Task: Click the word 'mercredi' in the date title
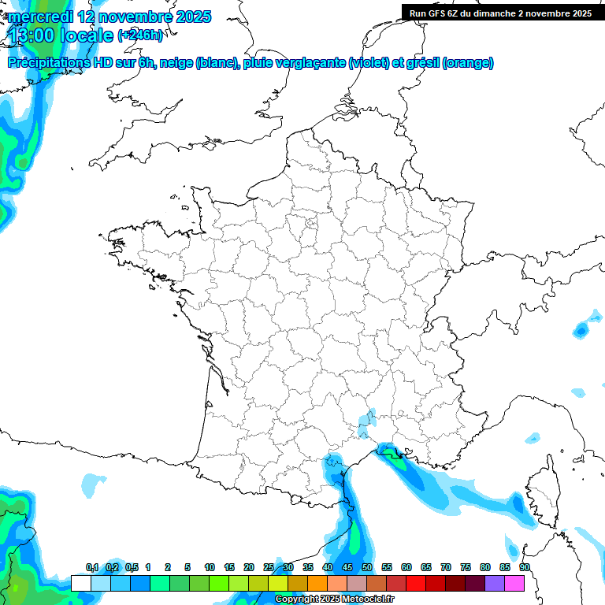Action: (39, 17)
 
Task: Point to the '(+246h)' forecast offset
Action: (140, 35)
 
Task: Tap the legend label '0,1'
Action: (92, 567)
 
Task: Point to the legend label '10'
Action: (210, 567)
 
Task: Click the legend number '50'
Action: (367, 567)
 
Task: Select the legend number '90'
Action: (525, 567)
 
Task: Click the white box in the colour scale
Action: (80, 583)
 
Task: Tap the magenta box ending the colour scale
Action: (514, 583)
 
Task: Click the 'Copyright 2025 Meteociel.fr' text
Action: (334, 599)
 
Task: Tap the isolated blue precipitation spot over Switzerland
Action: (581, 330)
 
